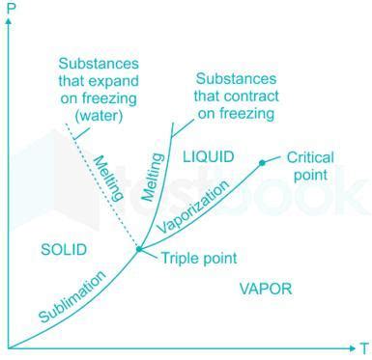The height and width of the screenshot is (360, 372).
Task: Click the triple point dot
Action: coord(139,249)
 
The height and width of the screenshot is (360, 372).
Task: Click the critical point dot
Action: coord(261,162)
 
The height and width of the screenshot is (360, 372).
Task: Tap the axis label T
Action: coord(364,347)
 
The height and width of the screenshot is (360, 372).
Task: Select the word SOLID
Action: coord(64,250)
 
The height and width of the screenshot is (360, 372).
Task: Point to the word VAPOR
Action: coord(266,289)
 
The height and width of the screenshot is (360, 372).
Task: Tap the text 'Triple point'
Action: coord(199,258)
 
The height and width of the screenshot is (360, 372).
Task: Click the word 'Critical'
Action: coord(310,156)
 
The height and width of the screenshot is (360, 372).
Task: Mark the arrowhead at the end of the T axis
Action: coord(350,346)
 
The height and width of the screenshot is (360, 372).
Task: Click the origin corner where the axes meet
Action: coord(8,346)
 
